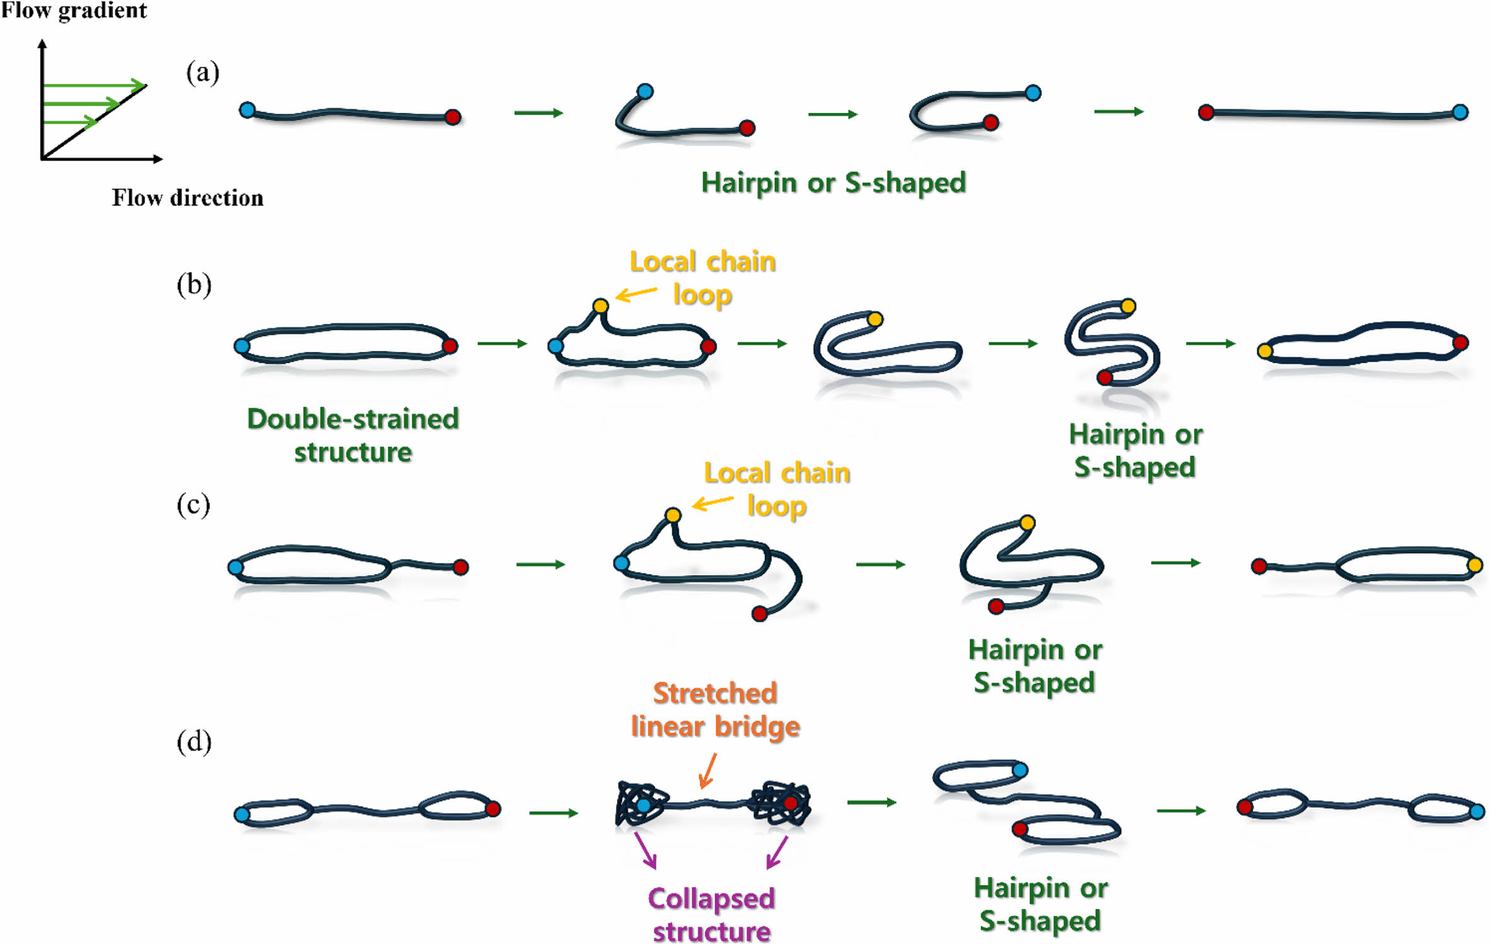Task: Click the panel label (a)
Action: (202, 73)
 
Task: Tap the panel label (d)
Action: (194, 742)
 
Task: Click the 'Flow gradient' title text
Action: (74, 11)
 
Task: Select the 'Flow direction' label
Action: (187, 198)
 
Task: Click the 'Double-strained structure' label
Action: (353, 435)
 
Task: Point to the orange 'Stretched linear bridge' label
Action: (715, 710)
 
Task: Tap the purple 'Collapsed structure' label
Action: (712, 915)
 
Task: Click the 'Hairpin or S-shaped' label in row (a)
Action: (833, 183)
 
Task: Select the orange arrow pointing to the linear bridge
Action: (708, 771)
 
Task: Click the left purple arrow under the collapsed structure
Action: (645, 850)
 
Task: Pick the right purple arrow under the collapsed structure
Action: (777, 852)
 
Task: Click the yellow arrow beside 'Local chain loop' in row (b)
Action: (636, 293)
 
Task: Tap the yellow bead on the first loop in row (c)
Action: (673, 515)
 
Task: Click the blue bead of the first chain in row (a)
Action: (247, 110)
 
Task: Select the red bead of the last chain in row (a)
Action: (1206, 113)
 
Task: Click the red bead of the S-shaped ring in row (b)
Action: (1104, 378)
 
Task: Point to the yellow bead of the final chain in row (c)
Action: (1475, 565)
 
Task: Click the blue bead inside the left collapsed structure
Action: (643, 805)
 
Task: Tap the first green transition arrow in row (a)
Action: (538, 113)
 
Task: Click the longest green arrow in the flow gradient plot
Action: (95, 85)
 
